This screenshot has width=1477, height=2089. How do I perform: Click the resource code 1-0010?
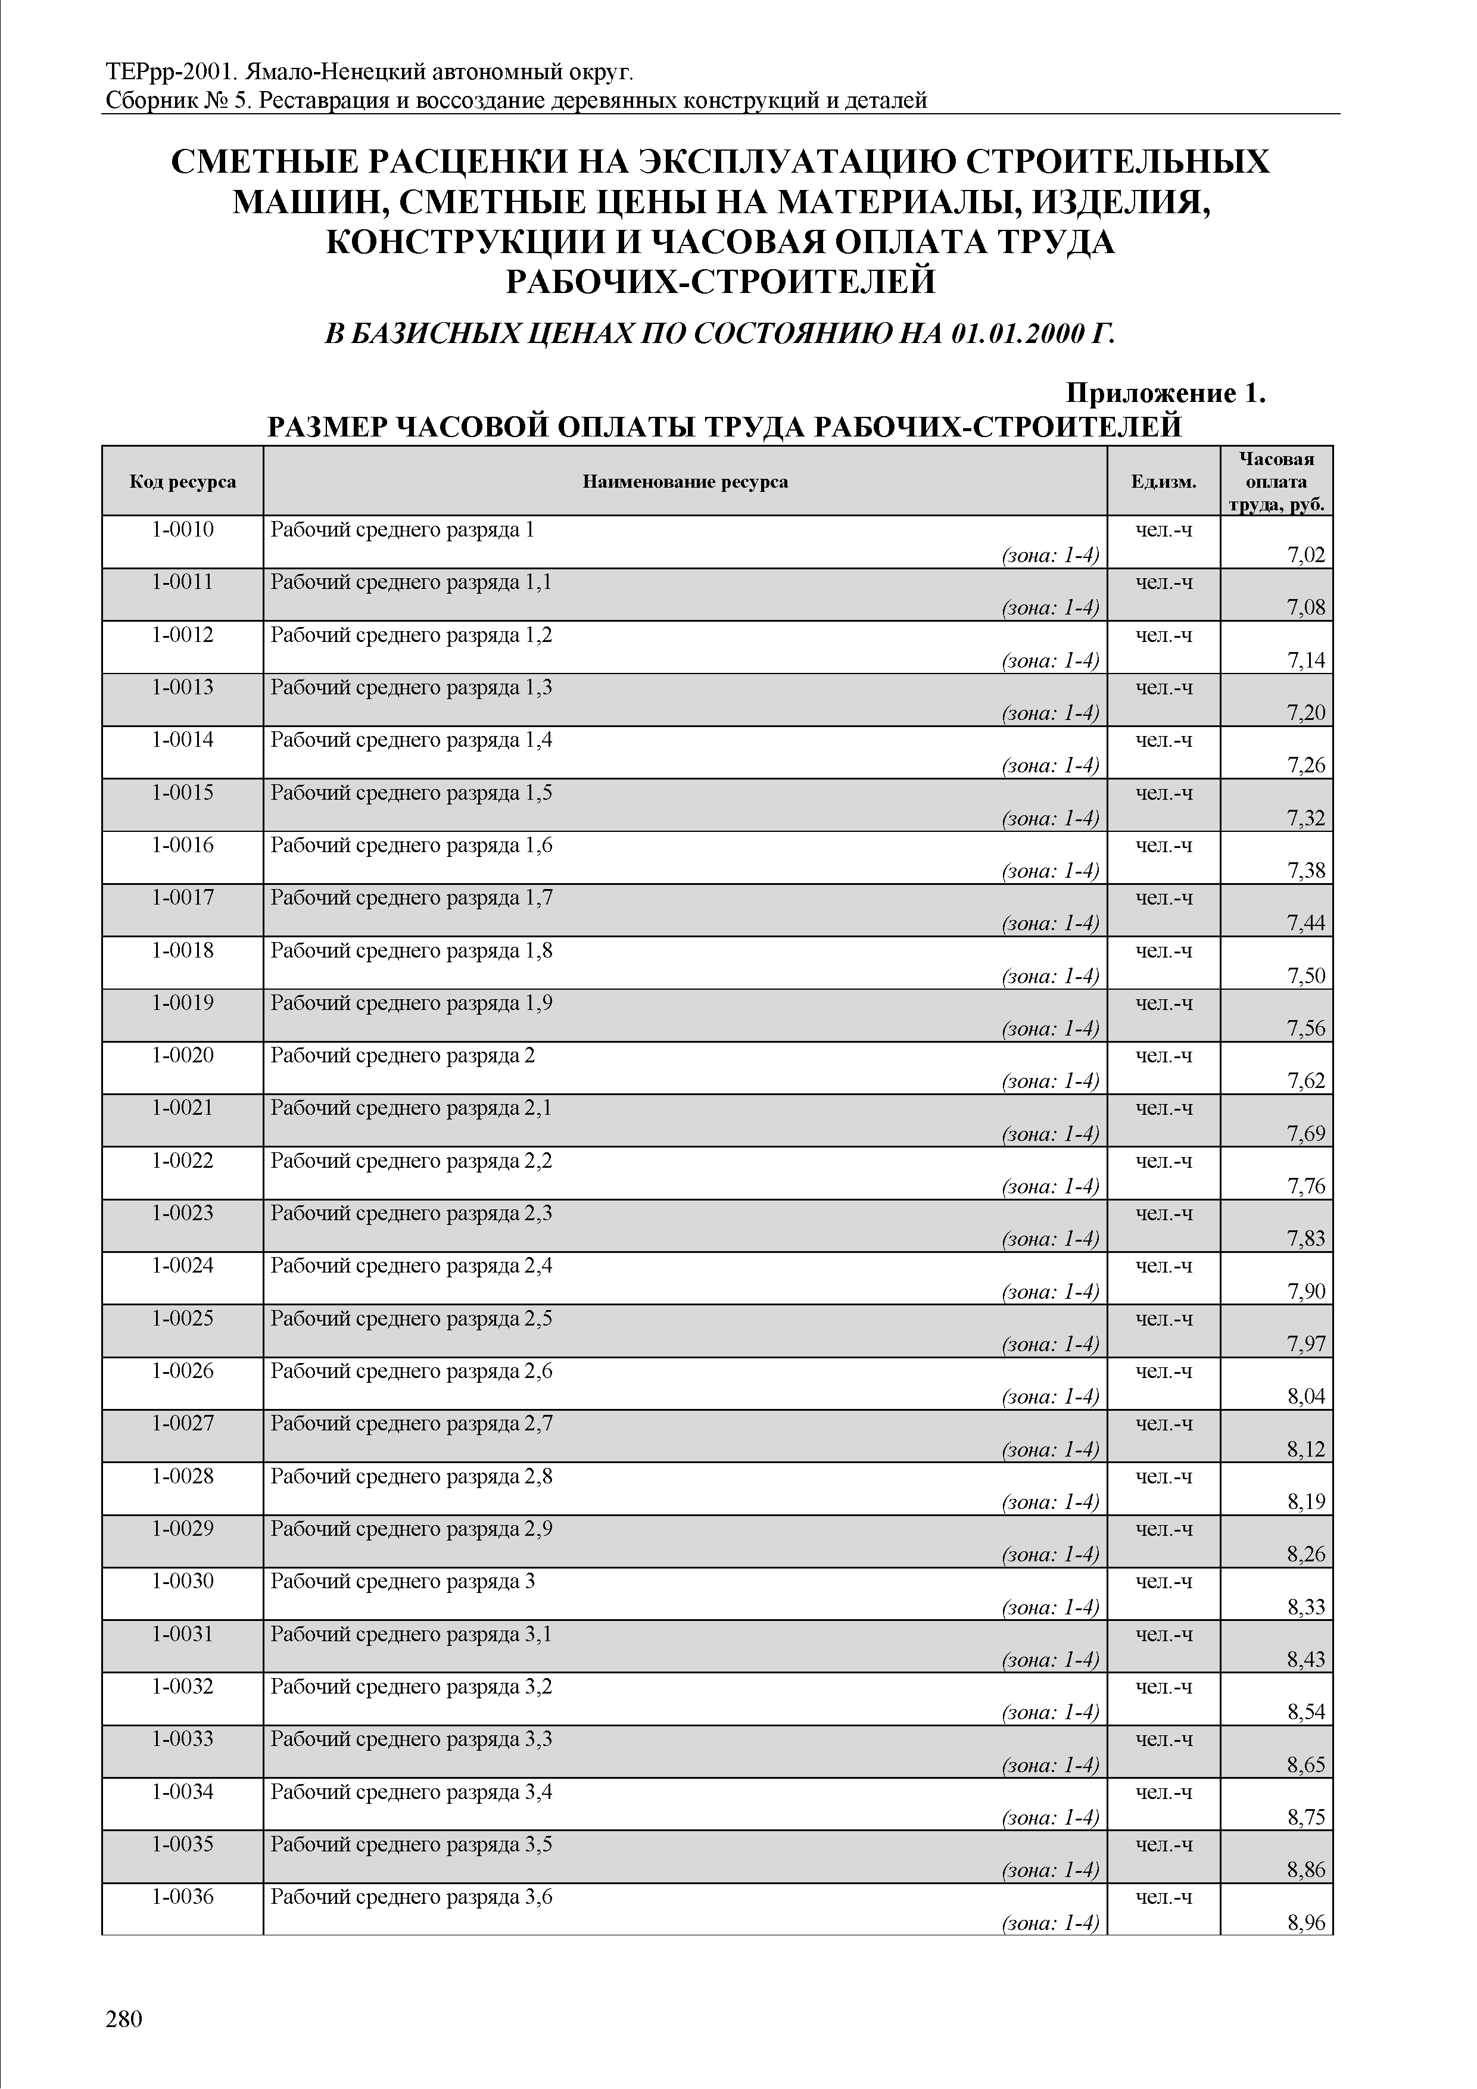click(182, 529)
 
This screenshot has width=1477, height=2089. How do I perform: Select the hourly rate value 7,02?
click(1306, 555)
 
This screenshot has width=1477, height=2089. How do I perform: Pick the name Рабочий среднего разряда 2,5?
click(412, 1318)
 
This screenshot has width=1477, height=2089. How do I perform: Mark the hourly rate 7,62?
click(1306, 1081)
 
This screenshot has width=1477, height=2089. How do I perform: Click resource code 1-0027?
click(182, 1423)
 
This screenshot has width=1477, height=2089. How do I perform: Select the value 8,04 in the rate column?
click(1306, 1396)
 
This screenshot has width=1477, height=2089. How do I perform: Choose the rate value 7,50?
click(1306, 976)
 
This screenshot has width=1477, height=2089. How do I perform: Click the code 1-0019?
click(182, 1003)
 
